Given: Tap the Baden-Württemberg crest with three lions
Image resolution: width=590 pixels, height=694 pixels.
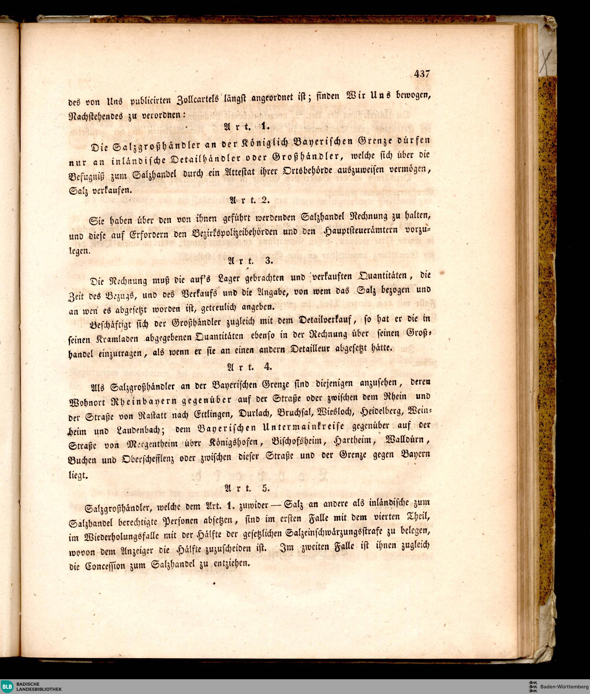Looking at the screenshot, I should point(532,686).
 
